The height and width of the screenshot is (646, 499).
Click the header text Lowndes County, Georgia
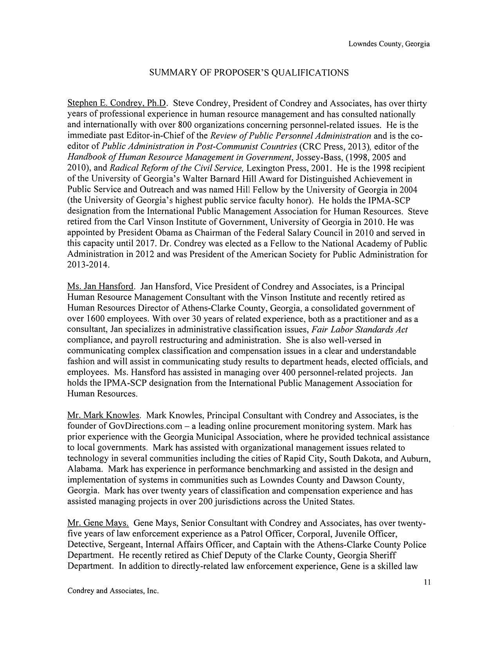[389, 44]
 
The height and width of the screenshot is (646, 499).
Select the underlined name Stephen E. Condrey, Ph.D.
[117, 104]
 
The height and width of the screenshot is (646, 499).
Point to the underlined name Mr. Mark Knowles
[104, 415]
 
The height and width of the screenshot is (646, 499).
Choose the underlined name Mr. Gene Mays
[98, 523]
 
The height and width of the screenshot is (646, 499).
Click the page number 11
[427, 582]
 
